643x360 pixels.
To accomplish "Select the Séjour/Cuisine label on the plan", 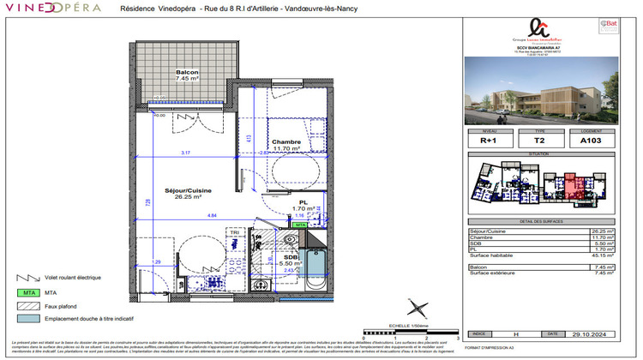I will (x=188, y=192).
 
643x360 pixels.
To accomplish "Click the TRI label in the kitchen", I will (x=233, y=232).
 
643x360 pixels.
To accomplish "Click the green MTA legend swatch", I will (x=29, y=292).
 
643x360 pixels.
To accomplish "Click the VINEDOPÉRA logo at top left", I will (x=52, y=9).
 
